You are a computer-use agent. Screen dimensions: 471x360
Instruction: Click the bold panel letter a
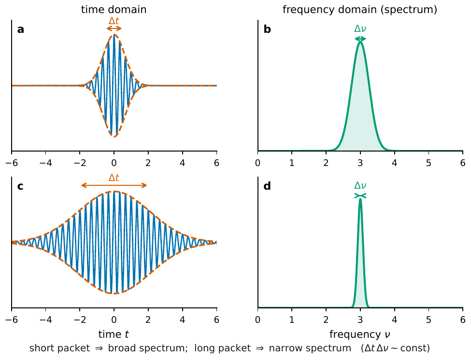click(x=20, y=30)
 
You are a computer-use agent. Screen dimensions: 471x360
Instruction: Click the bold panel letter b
click(x=267, y=29)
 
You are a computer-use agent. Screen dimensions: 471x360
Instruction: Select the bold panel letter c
click(x=20, y=186)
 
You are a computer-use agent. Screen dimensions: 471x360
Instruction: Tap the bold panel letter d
click(x=267, y=186)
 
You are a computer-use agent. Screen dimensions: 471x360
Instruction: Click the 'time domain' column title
click(x=114, y=10)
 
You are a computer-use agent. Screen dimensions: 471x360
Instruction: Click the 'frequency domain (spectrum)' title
click(x=360, y=10)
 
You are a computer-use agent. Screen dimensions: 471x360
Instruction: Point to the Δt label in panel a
click(x=114, y=21)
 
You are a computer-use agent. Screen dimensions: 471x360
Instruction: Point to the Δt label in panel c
click(x=114, y=178)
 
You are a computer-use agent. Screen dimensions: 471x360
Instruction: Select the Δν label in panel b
click(x=360, y=28)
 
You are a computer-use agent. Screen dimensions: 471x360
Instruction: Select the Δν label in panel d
click(x=360, y=185)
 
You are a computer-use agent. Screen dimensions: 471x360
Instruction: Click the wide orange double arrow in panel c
click(x=114, y=185)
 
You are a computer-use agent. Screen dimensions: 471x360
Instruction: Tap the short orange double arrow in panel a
click(x=114, y=28)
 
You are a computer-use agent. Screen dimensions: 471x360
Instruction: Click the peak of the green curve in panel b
click(x=360, y=42)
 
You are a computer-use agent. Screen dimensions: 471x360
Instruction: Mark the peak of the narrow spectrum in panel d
click(x=360, y=199)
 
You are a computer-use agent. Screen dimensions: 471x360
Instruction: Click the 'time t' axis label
click(x=114, y=334)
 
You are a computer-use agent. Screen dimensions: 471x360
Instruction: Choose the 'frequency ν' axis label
click(x=360, y=334)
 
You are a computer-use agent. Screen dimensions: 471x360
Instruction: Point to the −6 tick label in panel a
click(x=12, y=163)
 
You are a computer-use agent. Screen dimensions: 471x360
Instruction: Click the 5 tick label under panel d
click(x=428, y=319)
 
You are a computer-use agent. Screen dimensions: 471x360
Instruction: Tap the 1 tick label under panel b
click(x=292, y=163)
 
